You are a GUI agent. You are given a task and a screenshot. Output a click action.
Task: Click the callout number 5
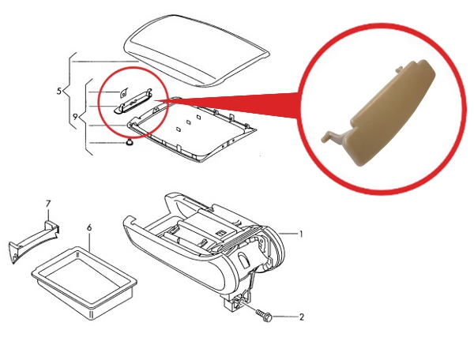(59, 91)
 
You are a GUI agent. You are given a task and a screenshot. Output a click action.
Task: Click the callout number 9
(76, 116)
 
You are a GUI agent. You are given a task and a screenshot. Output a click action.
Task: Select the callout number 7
(48, 204)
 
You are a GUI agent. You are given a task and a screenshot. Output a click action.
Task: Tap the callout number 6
(89, 227)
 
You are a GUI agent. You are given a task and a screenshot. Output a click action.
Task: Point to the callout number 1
(301, 234)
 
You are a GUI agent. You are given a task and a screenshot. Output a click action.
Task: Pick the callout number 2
(302, 317)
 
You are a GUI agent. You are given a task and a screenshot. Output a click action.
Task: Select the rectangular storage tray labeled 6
(85, 282)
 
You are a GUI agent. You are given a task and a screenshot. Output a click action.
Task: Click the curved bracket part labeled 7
(33, 242)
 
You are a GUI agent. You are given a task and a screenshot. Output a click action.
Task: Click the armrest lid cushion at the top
(197, 51)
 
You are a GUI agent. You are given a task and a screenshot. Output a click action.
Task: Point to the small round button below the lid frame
(130, 142)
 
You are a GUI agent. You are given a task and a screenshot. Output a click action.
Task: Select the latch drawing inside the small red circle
(133, 102)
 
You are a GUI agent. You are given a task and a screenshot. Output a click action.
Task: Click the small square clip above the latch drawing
(123, 92)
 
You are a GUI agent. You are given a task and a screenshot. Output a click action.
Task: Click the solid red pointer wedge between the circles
(230, 104)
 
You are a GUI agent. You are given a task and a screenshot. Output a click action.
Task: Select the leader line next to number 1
(288, 233)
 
